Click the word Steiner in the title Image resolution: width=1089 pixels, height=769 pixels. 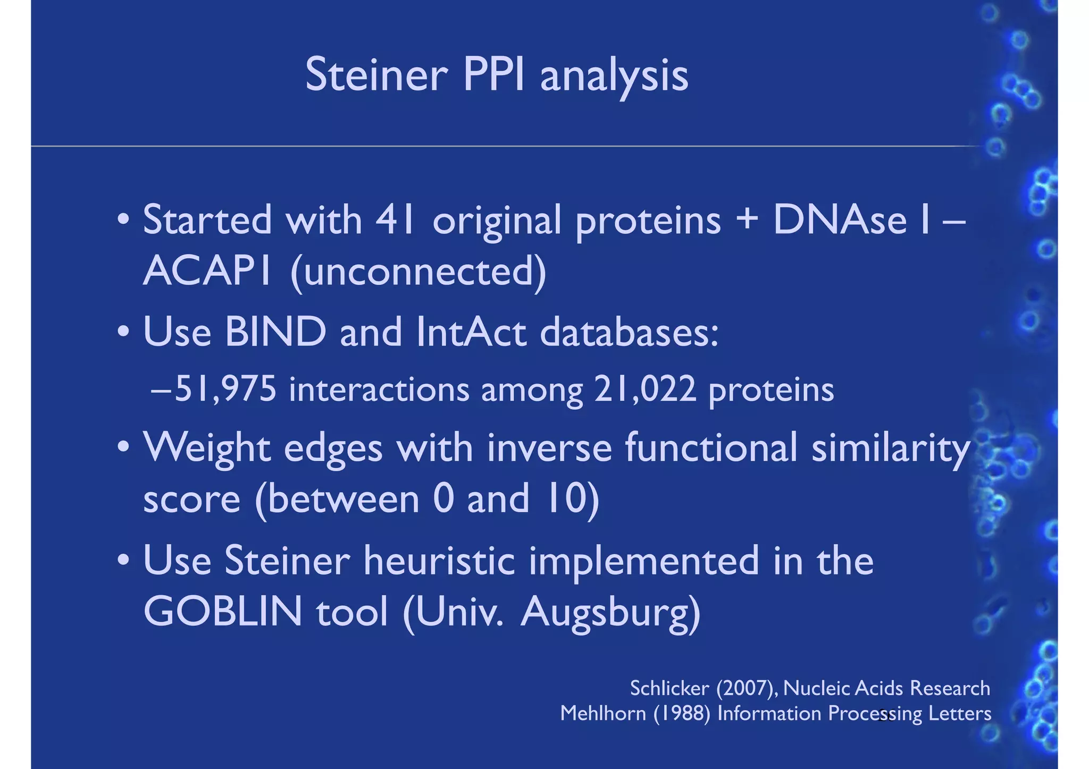pyautogui.click(x=376, y=75)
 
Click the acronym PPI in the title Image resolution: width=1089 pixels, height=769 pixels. pyautogui.click(x=493, y=75)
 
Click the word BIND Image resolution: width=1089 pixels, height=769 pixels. pyautogui.click(x=275, y=332)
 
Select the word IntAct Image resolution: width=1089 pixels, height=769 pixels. pyautogui.click(x=471, y=332)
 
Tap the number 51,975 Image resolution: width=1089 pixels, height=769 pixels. pyautogui.click(x=225, y=389)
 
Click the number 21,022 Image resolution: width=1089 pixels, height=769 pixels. pyautogui.click(x=645, y=389)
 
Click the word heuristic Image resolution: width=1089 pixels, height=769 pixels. pyautogui.click(x=439, y=561)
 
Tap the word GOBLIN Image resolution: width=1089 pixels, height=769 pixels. pyautogui.click(x=223, y=612)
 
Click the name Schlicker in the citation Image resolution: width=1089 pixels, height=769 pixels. pyautogui.click(x=669, y=689)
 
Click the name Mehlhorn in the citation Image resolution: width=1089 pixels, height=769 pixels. pyautogui.click(x=603, y=713)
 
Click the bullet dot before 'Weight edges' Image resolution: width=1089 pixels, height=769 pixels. pyautogui.click(x=123, y=445)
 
